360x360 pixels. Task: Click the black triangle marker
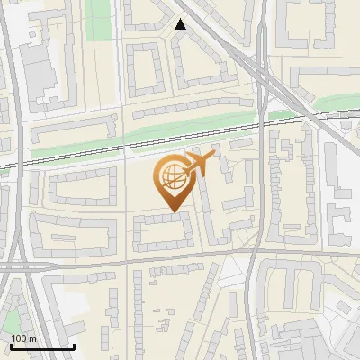[x=180, y=24]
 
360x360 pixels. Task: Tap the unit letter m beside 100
[x=32, y=338]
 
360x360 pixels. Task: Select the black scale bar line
[x=42, y=346]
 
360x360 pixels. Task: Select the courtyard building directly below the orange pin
[x=163, y=232]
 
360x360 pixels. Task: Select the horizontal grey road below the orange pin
[x=135, y=258]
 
